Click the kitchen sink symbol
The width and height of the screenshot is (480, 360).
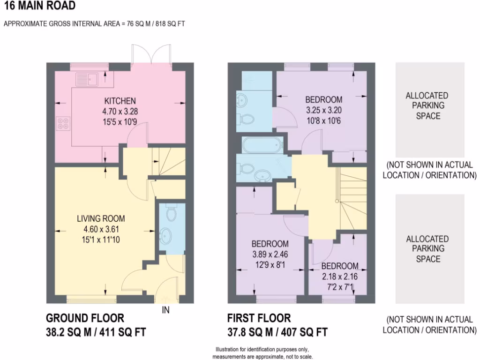[x=87, y=78]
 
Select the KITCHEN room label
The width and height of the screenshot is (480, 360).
[x=120, y=101]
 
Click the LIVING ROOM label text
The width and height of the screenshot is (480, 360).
[x=101, y=218]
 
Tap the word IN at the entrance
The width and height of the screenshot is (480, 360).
[x=165, y=309]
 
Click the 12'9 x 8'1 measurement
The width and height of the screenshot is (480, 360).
[x=270, y=265]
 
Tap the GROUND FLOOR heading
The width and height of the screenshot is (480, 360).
[x=85, y=318]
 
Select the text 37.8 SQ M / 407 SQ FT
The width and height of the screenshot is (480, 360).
[x=277, y=332]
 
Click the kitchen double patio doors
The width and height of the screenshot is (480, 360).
[x=150, y=55]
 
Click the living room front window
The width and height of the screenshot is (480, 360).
[x=92, y=297]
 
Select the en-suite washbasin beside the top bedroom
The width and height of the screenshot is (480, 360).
[x=242, y=100]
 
